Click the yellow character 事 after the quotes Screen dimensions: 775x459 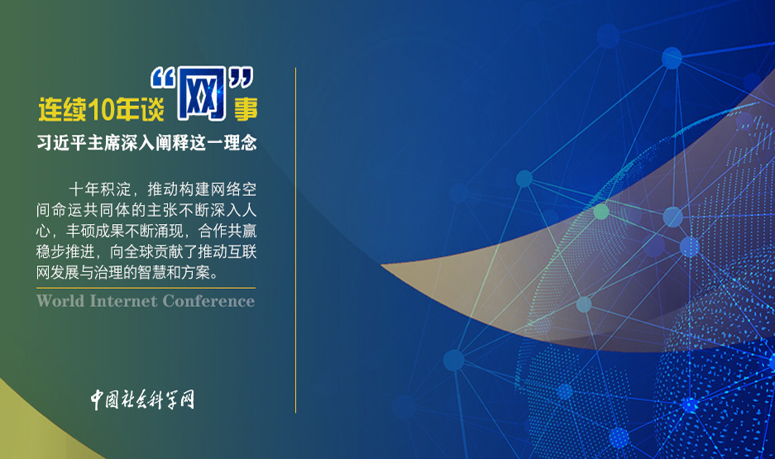tap(246, 109)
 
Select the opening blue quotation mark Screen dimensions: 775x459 tap(163, 78)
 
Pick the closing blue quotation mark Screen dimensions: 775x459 tap(241, 78)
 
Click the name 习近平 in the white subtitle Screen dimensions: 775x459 tap(62, 143)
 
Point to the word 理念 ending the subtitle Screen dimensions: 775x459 tap(240, 143)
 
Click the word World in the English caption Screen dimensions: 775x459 tap(60, 301)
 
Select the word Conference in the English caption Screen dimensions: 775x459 tap(208, 301)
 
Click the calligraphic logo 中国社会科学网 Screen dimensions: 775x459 tap(142, 399)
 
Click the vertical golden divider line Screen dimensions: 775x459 tap(295, 240)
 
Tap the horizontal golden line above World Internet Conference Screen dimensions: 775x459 tap(146, 288)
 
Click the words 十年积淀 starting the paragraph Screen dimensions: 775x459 tap(100, 189)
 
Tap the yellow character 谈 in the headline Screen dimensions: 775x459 tap(152, 109)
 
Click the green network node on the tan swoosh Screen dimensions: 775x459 tap(601, 212)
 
